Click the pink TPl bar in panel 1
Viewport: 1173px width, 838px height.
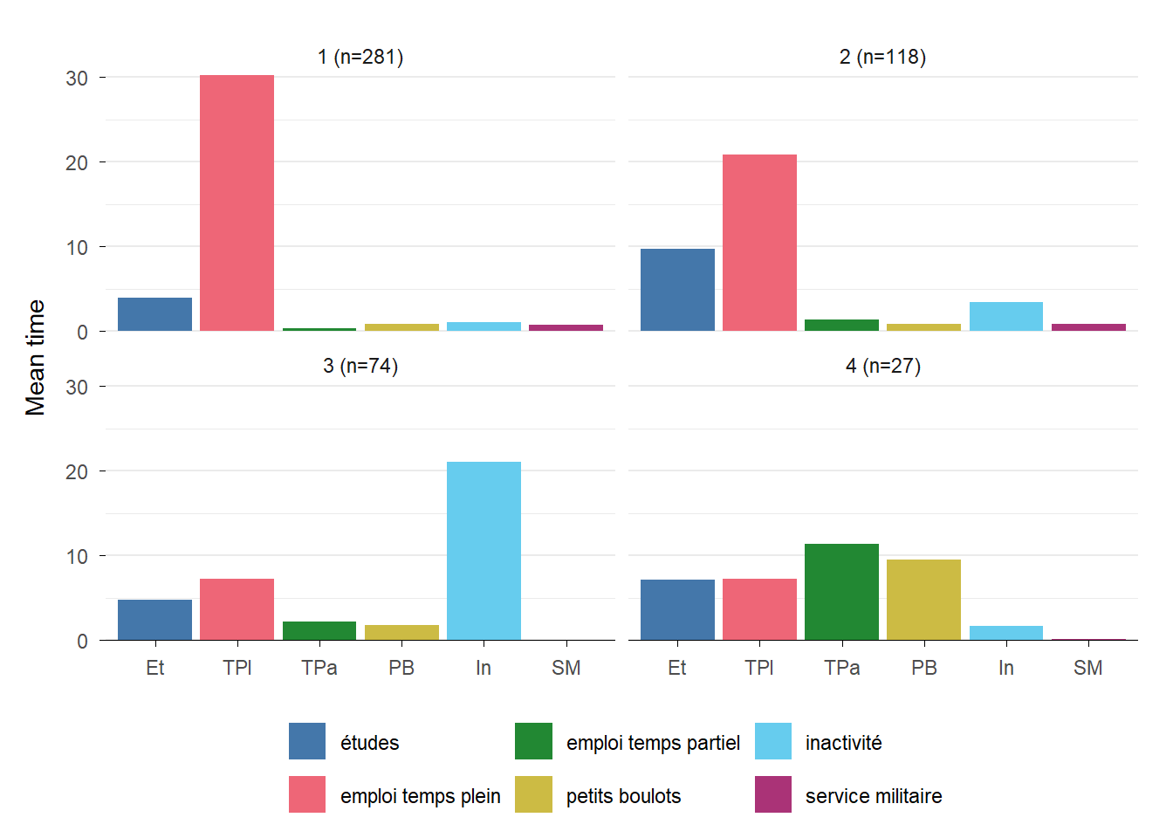coord(237,203)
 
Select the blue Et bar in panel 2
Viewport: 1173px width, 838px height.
coord(677,290)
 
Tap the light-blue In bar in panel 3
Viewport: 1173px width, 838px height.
coord(484,551)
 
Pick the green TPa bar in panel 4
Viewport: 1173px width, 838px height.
coord(841,592)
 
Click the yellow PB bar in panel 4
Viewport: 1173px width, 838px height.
coord(923,600)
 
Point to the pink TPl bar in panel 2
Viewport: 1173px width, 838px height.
coord(759,243)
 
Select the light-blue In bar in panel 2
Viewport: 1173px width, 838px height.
coord(1005,316)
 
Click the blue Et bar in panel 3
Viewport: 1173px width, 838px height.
coord(154,620)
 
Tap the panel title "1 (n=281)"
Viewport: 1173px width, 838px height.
coord(360,57)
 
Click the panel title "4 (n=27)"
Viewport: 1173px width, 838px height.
coord(882,366)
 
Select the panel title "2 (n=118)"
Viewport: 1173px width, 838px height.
coord(882,57)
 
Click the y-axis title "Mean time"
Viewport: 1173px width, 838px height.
coord(35,357)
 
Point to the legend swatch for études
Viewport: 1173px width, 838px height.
coord(307,741)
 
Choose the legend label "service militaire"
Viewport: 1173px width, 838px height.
coord(873,796)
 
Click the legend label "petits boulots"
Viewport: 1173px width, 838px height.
coord(623,796)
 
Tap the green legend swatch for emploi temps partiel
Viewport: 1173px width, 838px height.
coord(533,741)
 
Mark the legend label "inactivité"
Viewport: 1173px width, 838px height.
coord(843,743)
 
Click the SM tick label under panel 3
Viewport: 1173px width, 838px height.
coord(566,668)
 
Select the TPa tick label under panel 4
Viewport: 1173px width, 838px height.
coord(841,668)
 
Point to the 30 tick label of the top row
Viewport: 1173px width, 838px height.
coord(77,79)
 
